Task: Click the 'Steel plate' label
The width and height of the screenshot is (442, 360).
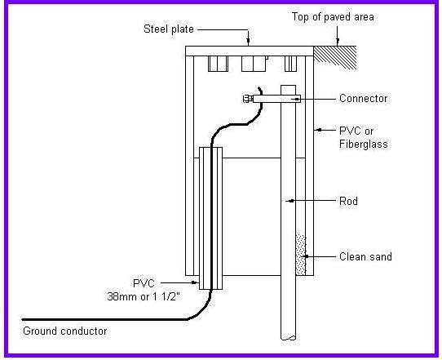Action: [x=166, y=31]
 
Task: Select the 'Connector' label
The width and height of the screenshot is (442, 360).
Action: [x=363, y=99]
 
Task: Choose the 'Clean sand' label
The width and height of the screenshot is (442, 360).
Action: [x=365, y=256]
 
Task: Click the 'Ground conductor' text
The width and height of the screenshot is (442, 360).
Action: [x=64, y=331]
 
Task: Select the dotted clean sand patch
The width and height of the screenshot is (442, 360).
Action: [x=300, y=256]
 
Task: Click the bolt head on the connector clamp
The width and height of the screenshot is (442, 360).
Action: [x=245, y=99]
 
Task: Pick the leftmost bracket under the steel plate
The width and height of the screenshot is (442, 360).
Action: [x=219, y=64]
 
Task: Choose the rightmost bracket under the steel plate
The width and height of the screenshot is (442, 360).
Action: [x=290, y=63]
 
